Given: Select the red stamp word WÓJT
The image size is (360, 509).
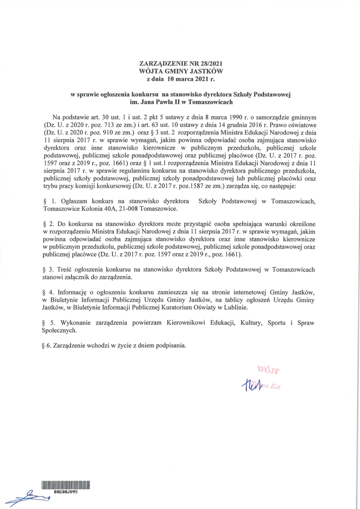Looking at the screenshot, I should tap(269, 371).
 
